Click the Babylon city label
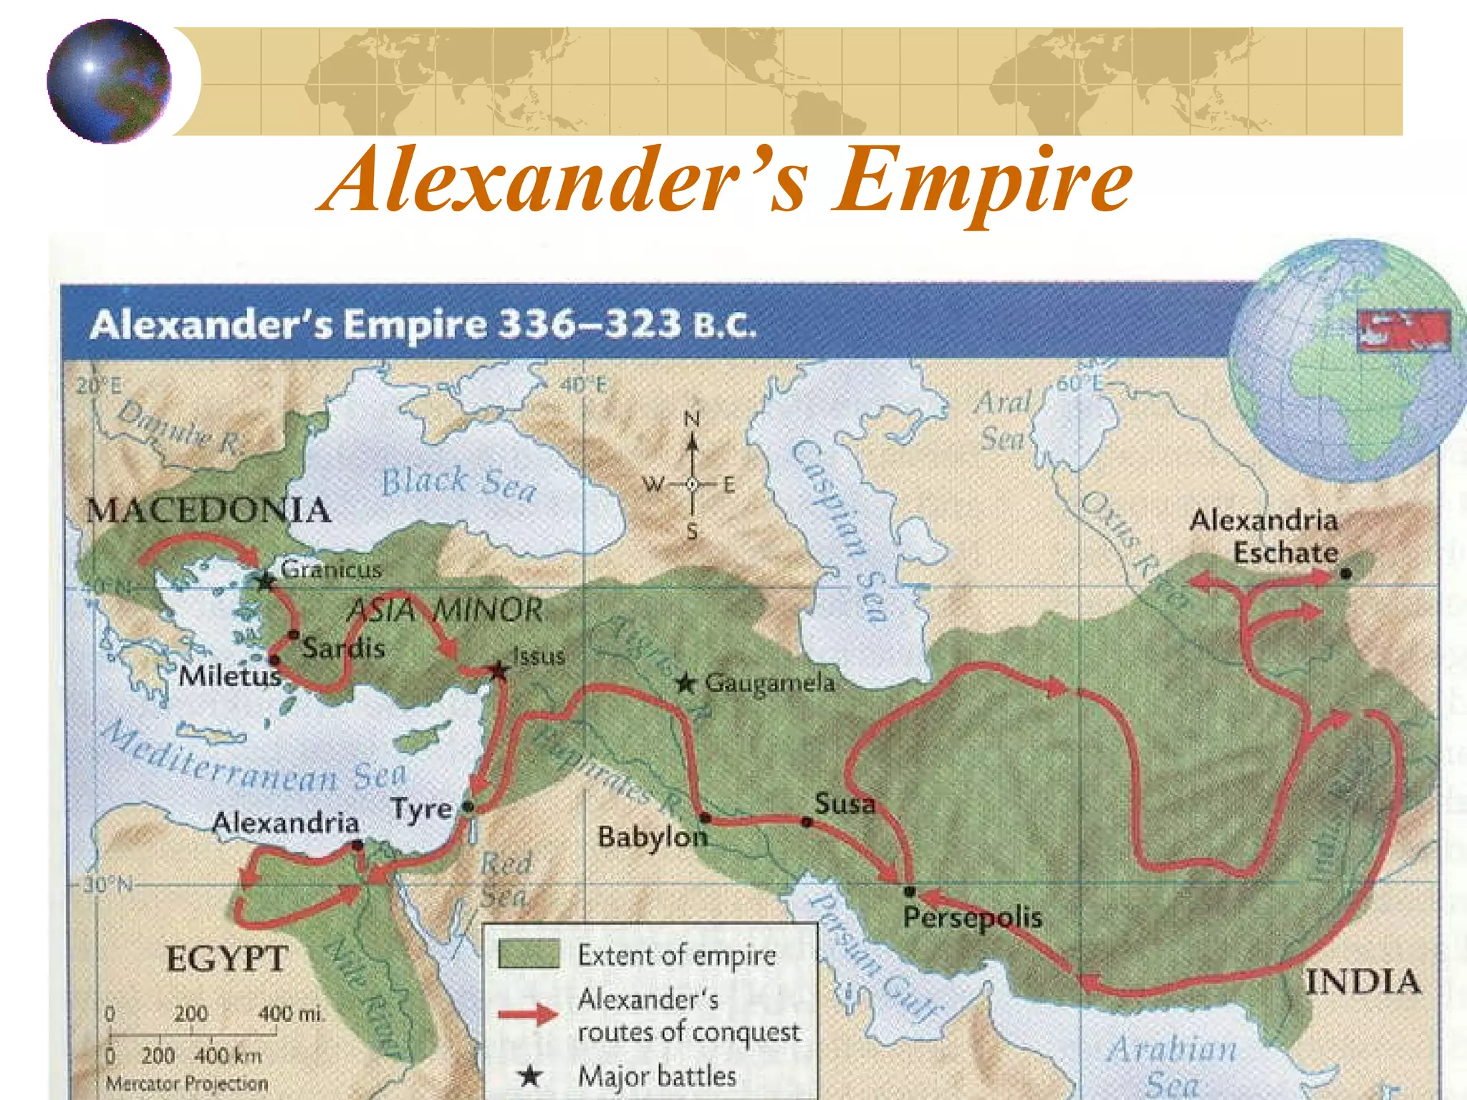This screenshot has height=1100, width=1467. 652,836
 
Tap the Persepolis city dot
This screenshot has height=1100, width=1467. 910,891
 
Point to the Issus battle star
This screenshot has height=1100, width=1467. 499,671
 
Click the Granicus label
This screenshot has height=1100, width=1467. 331,570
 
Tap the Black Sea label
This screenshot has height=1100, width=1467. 458,483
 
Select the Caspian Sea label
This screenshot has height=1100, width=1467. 840,530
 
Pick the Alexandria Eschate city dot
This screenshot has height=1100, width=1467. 1345,573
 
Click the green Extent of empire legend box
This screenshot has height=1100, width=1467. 529,955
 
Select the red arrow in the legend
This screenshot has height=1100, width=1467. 528,1014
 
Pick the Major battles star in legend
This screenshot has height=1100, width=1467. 530,1075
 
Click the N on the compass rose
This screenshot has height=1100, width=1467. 691,419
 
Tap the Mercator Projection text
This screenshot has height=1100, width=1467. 186,1084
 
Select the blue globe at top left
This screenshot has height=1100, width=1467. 109,80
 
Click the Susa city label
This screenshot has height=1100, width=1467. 845,804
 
